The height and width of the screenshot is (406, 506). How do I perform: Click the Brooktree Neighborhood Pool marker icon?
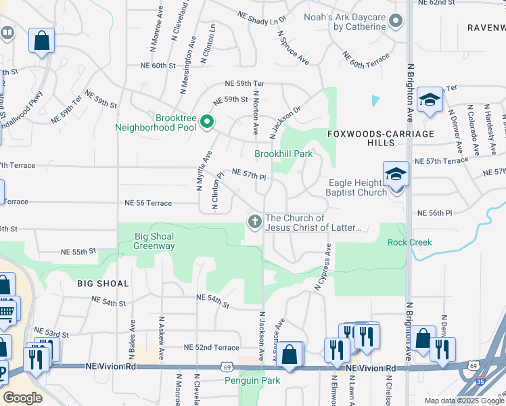coord(207,122)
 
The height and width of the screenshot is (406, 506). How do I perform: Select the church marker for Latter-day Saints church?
coord(254,221)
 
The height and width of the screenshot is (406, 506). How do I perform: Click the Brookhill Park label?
coord(283,154)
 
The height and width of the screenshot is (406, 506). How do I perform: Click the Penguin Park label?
coord(252,381)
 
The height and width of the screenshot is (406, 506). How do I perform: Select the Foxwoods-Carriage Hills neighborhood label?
coord(371,138)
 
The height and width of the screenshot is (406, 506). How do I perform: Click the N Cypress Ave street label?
coord(323,267)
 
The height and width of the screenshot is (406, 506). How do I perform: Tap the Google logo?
coord(22,398)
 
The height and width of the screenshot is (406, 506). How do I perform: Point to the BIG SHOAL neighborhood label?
coord(103,284)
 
